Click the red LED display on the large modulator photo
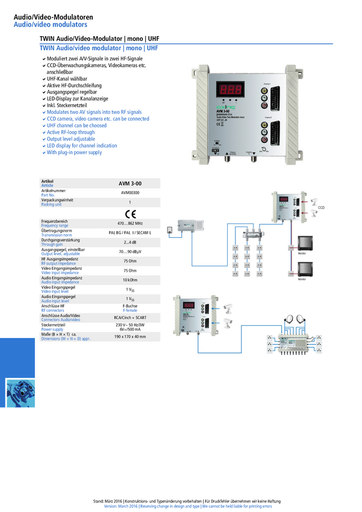pos(232,88)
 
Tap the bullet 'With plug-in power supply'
pos(74,153)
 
